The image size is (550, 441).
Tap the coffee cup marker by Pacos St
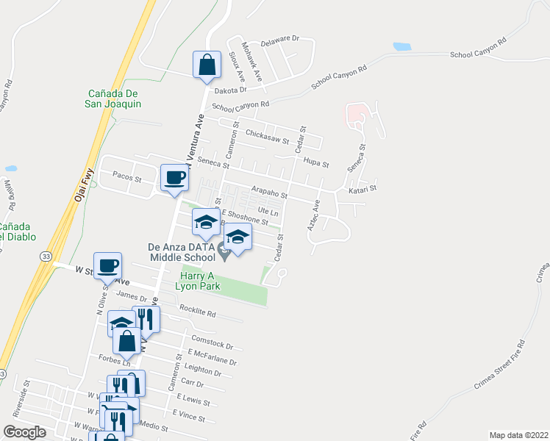coord(174,179)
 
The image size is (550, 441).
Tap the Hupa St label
coord(315,165)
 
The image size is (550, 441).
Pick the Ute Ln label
coord(270,212)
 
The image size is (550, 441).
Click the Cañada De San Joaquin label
coord(114,98)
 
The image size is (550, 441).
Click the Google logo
coord(24,432)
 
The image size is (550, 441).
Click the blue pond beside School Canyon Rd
coord(402,46)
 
